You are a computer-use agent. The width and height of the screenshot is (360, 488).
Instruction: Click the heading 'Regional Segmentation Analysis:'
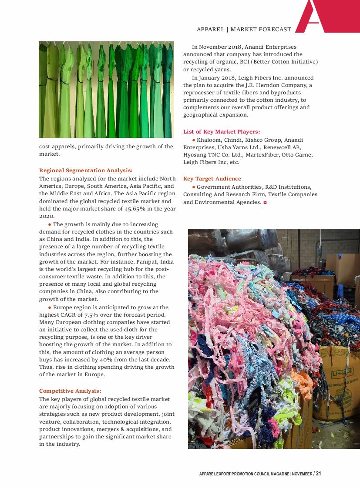click(86, 170)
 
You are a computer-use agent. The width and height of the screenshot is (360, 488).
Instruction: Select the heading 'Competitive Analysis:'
click(70, 391)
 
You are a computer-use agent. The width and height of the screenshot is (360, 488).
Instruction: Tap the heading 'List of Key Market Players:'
click(222, 132)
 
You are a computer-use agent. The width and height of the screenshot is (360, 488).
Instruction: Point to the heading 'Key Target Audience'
click(212, 179)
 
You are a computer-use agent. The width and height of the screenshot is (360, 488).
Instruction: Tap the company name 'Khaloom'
click(209, 140)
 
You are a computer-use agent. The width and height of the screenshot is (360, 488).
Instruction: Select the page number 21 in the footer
click(319, 474)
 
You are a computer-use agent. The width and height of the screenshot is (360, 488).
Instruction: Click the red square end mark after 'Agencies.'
click(265, 203)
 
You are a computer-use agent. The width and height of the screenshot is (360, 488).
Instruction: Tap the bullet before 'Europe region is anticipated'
click(50, 307)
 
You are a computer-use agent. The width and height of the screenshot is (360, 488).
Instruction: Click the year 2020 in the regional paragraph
click(46, 216)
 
